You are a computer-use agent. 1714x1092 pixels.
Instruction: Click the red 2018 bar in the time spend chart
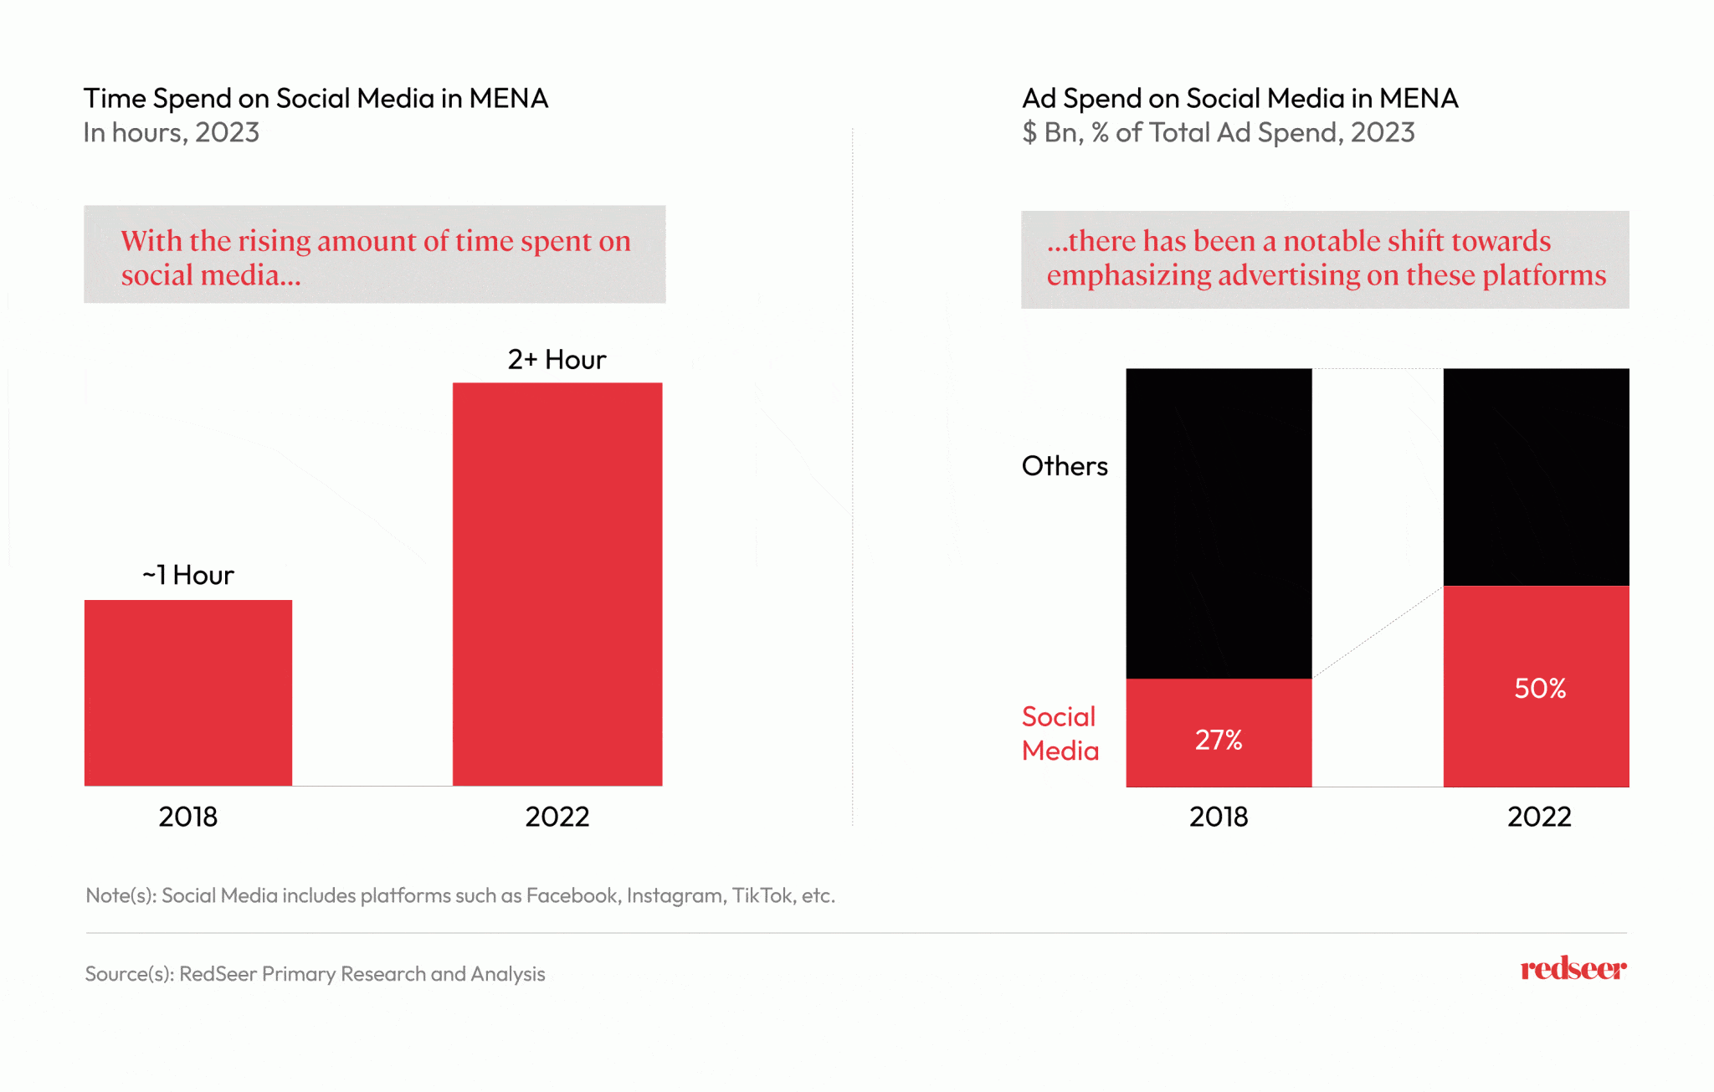[188, 693]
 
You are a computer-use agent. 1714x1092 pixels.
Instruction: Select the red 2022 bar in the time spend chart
[557, 584]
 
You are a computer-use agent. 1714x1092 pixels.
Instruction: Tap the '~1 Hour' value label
[188, 575]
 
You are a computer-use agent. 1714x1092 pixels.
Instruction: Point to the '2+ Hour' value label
[557, 359]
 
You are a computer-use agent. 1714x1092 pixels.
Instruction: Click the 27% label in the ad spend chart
[1219, 740]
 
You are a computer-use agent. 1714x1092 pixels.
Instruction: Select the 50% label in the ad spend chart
[1540, 688]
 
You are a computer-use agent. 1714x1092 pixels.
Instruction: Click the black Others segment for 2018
[1219, 523]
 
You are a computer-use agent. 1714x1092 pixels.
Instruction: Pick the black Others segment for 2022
[1536, 476]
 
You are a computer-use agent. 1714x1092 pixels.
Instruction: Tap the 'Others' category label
[1065, 466]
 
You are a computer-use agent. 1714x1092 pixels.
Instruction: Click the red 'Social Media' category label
[1060, 734]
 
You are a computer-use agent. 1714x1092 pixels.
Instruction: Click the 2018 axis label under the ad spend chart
[1219, 817]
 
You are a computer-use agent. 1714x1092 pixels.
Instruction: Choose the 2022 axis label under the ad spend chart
[1539, 817]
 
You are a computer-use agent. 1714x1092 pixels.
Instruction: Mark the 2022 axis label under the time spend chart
[557, 817]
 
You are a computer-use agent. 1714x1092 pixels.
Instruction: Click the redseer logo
[1573, 969]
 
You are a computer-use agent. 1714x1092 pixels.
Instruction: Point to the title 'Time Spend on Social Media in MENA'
[316, 99]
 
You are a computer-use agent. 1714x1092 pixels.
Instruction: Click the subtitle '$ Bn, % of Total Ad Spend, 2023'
[1218, 133]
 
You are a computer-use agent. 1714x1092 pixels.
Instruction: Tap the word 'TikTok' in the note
[762, 895]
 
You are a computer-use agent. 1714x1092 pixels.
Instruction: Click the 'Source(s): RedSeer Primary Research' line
[315, 974]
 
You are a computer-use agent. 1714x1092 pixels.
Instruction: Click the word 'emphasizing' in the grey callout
[1129, 275]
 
